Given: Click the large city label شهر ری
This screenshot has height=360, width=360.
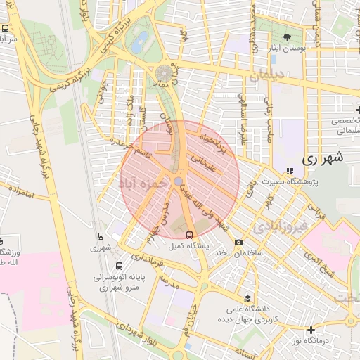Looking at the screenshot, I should tap(325, 159).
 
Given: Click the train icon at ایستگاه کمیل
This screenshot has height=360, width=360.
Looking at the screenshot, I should tap(188, 235).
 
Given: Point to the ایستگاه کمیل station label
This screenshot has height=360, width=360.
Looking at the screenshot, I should tap(188, 247).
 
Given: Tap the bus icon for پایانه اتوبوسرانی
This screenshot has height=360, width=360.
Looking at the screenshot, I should tap(119, 266).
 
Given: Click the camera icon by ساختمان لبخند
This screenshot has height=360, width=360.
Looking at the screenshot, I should tap(238, 242).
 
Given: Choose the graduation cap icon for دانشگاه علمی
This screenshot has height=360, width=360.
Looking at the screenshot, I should tap(247, 298).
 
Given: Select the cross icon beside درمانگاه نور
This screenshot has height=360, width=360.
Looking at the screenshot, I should tap(311, 330).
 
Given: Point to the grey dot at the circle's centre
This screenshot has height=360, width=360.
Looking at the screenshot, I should tap(179, 181).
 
